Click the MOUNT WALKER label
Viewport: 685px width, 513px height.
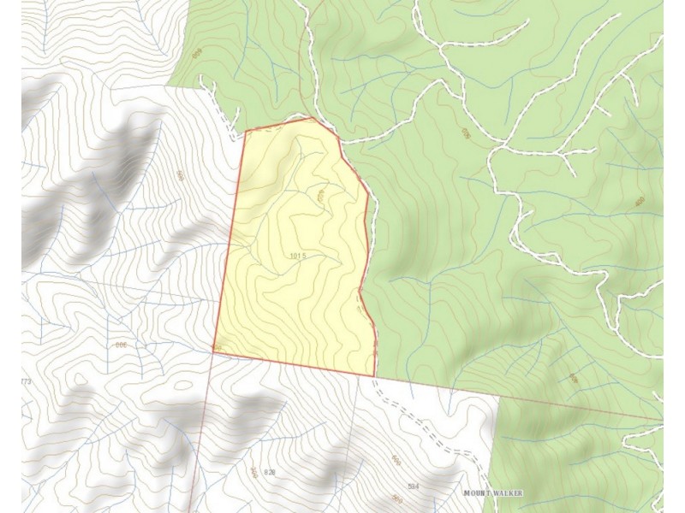(x=492, y=494)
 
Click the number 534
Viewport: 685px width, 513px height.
(x=414, y=486)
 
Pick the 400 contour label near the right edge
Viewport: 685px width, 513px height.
(x=640, y=202)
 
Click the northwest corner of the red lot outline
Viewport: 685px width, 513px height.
(x=246, y=131)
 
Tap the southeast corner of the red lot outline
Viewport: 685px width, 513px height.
(x=375, y=375)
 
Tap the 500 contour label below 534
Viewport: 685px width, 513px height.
(x=396, y=498)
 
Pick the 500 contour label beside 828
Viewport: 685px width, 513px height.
(x=254, y=471)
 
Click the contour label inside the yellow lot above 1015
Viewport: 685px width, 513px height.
(x=320, y=196)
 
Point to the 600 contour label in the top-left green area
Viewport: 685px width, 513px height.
(x=197, y=54)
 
